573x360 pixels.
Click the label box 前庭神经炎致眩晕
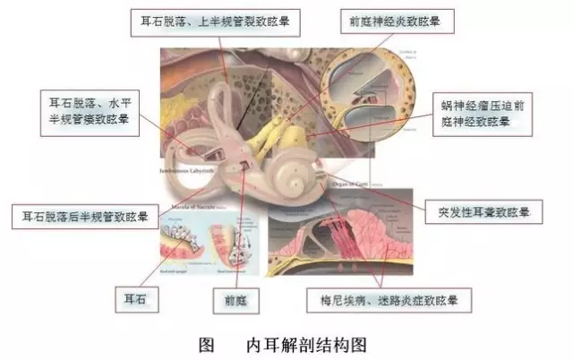tap(398, 21)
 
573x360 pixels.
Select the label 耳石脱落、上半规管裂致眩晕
tap(215, 21)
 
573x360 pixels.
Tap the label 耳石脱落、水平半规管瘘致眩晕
tap(90, 111)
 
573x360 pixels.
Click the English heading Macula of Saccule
tap(189, 210)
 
